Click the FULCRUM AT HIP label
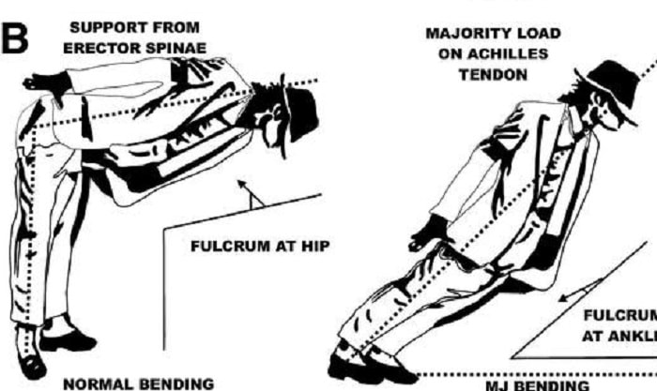251,249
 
